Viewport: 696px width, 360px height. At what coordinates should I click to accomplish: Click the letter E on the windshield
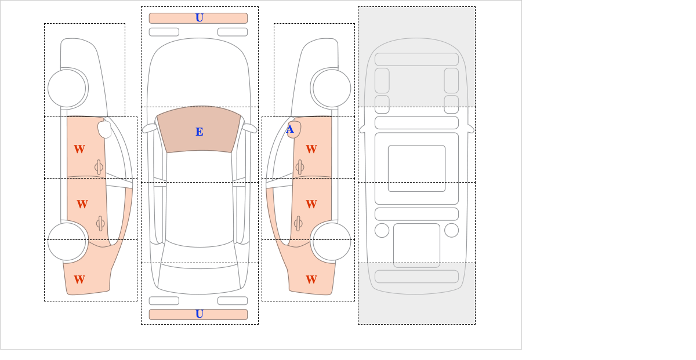[200, 132]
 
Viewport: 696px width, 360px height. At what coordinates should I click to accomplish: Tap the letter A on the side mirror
[290, 129]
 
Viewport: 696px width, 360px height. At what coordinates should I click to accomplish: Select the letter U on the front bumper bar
[200, 18]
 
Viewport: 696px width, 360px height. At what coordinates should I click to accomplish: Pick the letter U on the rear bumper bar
[200, 314]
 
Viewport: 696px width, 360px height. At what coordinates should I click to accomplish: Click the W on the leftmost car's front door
[79, 149]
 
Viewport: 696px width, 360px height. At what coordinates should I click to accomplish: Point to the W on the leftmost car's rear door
[82, 204]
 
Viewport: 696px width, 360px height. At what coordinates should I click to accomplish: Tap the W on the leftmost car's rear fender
[79, 279]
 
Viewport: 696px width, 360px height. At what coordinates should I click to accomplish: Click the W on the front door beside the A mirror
[311, 149]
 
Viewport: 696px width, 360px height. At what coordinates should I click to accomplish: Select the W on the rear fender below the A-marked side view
[311, 279]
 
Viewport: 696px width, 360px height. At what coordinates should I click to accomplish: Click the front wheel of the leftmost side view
[67, 88]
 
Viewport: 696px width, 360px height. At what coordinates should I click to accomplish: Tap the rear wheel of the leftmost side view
[67, 241]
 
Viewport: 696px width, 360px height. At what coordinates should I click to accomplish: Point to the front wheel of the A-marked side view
[332, 88]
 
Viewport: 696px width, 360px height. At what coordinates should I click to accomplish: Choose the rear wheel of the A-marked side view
[332, 241]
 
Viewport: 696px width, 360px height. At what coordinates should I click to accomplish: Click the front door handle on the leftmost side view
[99, 168]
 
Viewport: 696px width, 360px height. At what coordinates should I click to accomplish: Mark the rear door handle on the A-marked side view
[298, 223]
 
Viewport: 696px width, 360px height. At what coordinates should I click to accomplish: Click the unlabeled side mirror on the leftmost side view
[105, 129]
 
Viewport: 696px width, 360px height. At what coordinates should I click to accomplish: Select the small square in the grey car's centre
[416, 168]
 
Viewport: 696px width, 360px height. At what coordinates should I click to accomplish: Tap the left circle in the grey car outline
[382, 231]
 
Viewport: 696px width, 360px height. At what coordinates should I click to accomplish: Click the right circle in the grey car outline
[451, 231]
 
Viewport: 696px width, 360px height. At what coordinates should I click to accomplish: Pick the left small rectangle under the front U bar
[164, 32]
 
